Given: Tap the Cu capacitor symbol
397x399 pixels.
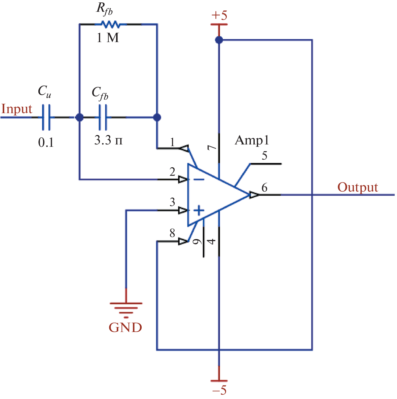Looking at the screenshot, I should (x=46, y=117).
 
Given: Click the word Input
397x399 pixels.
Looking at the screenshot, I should (x=16, y=109).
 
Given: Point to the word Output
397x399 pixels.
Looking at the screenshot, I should (x=358, y=187).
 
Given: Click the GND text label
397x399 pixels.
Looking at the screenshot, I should (x=125, y=327).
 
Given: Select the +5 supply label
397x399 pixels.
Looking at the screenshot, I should (x=219, y=15).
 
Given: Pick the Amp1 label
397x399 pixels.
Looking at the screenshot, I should (x=252, y=140).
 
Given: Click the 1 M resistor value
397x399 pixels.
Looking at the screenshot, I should (x=108, y=38).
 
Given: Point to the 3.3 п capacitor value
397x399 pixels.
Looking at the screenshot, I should (x=108, y=140).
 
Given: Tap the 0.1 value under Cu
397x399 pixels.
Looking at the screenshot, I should (x=46, y=143).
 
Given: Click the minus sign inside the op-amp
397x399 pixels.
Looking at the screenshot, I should (x=199, y=179).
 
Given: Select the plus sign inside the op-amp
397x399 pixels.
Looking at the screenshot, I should (x=200, y=211).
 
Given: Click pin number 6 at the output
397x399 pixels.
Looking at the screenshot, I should (x=264, y=188).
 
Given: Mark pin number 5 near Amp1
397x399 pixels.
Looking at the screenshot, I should (x=265, y=156).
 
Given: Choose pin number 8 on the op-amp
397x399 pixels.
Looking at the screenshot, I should (x=172, y=233).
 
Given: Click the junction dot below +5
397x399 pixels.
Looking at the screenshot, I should (x=219, y=40).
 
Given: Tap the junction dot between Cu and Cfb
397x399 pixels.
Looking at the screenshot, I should (x=79, y=118).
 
